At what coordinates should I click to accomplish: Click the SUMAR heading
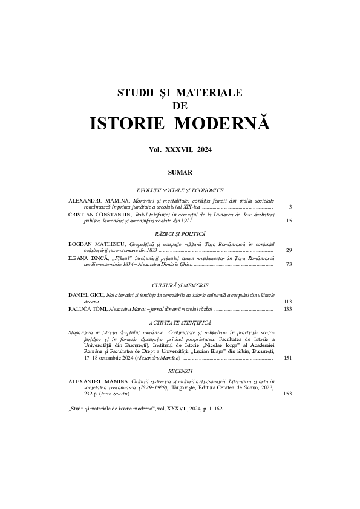[180, 172]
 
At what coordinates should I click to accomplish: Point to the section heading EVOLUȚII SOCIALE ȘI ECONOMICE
[180, 190]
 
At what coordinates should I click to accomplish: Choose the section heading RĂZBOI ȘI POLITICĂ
[180, 233]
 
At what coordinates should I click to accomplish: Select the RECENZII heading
[180, 367]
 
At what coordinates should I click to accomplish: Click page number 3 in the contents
[290, 207]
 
